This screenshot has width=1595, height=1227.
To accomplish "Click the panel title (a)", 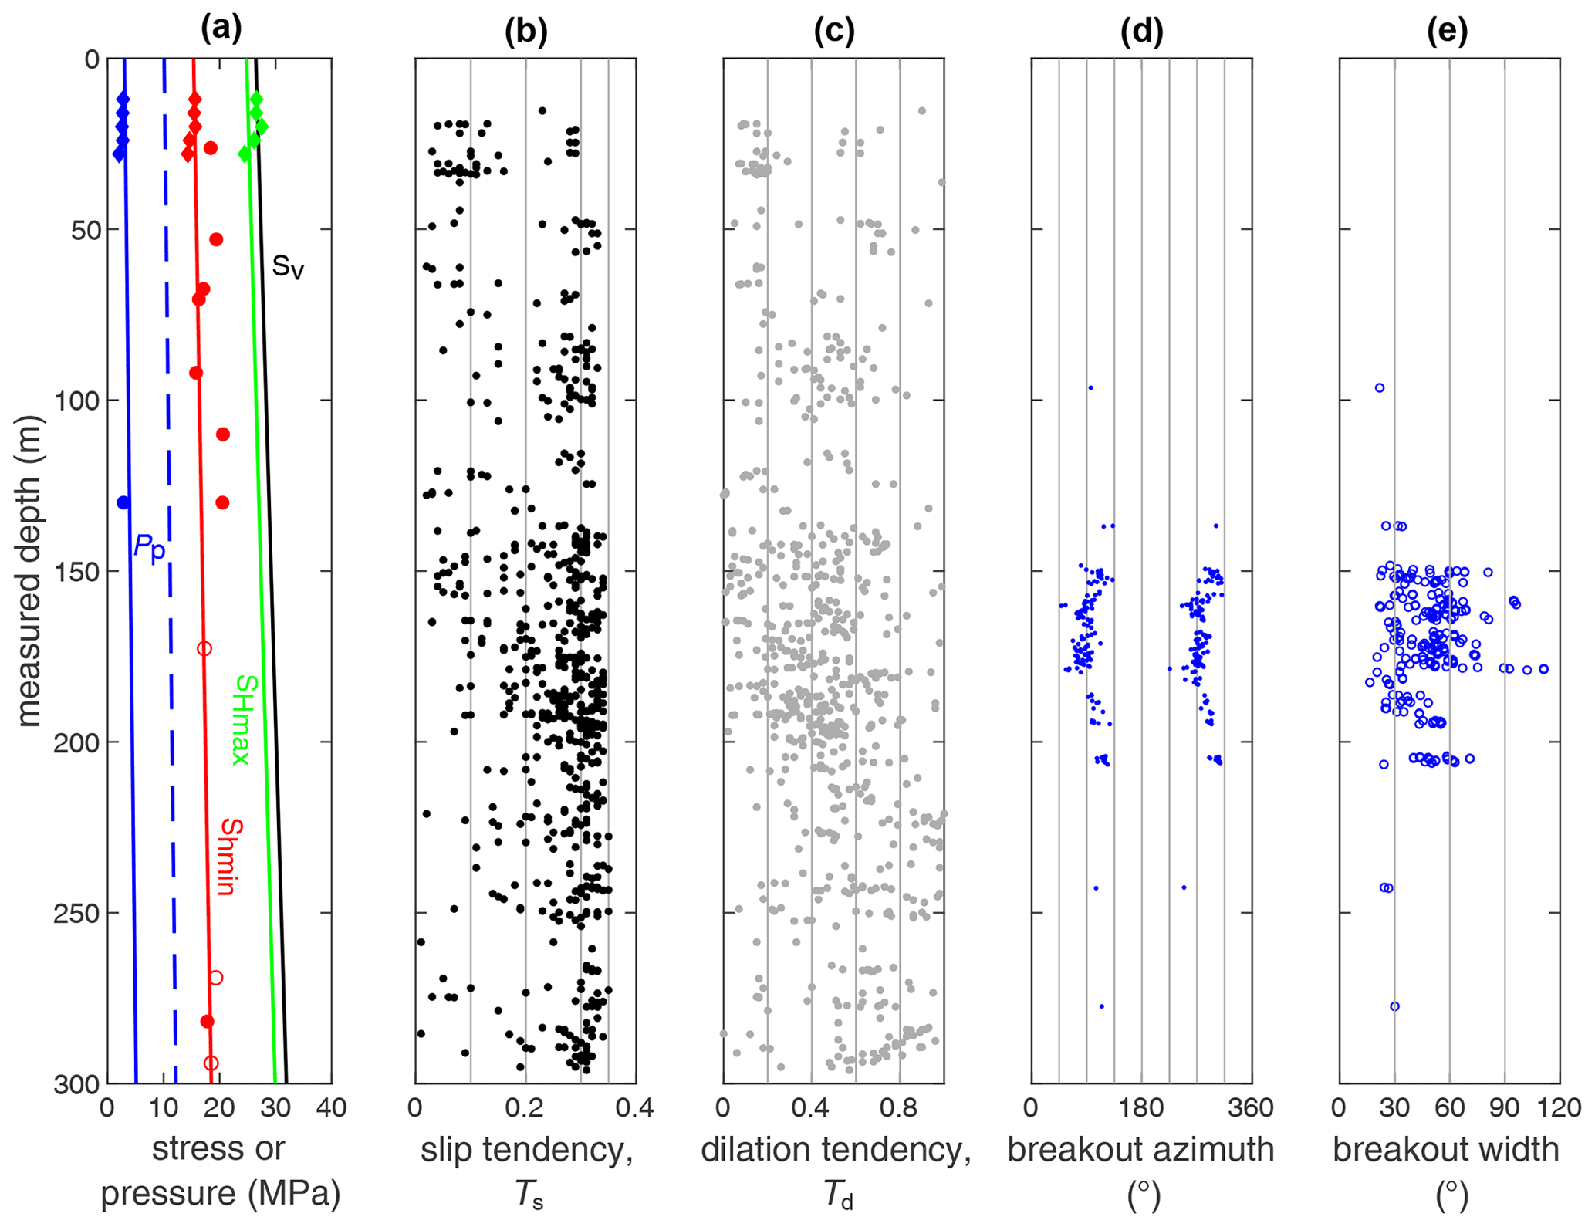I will [x=221, y=29].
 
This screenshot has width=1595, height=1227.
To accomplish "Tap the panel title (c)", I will [x=834, y=29].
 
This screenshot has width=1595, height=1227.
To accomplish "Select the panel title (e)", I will [x=1448, y=29].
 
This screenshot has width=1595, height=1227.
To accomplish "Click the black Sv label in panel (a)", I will [x=288, y=267].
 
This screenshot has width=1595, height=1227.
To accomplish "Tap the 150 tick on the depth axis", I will [x=77, y=572].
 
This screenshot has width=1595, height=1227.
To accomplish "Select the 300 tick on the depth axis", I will [x=77, y=1084].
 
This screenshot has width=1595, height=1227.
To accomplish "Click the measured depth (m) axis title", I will [x=29, y=571].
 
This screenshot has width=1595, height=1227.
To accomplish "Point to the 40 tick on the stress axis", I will [x=331, y=1109].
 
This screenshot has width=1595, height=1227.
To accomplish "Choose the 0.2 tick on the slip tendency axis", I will [x=525, y=1109].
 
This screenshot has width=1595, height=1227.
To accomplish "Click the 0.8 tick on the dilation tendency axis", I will [x=899, y=1109].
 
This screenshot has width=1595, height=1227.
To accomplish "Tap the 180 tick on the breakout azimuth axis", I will [x=1141, y=1109].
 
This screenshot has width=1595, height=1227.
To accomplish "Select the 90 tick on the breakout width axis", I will [x=1504, y=1109].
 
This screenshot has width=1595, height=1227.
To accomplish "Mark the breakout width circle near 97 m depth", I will [x=1380, y=388].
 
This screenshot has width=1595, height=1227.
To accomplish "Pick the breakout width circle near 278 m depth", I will [x=1394, y=1006].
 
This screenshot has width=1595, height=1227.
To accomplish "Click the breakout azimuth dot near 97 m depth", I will [x=1090, y=388].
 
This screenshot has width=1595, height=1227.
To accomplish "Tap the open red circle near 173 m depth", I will [x=204, y=649].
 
